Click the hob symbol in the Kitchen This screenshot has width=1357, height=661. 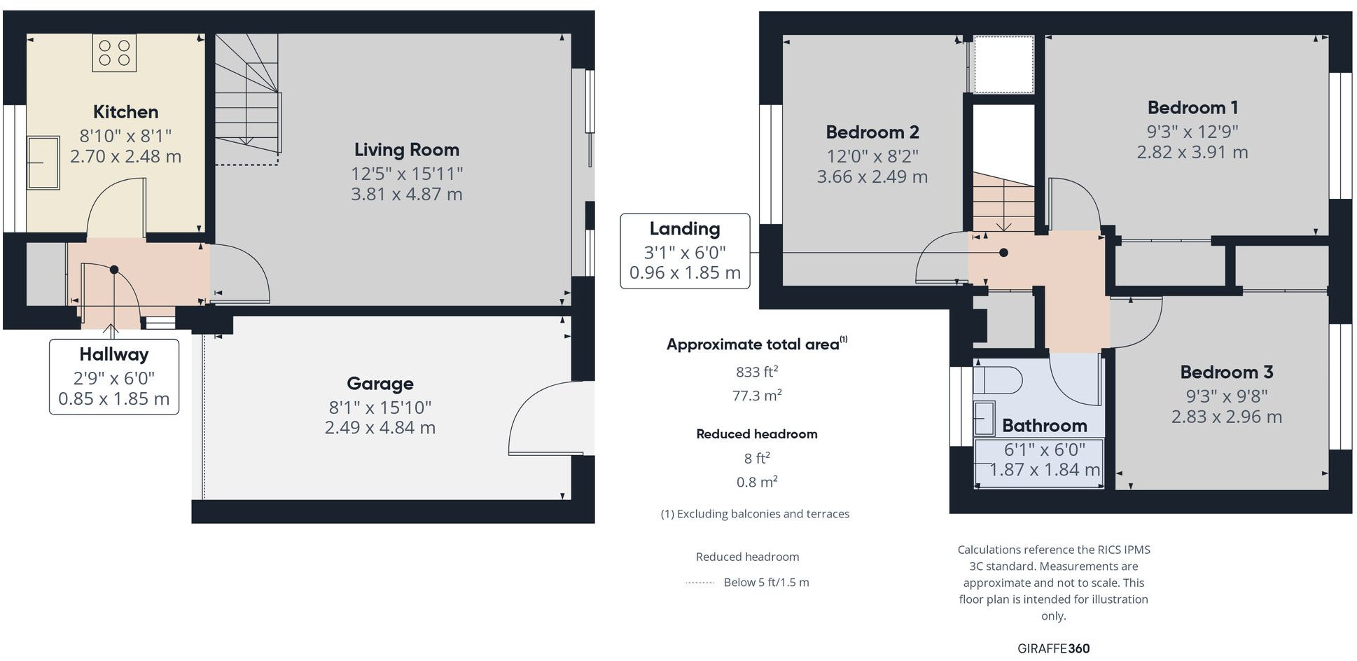(114, 53)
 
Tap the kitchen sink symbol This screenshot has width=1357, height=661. (43, 162)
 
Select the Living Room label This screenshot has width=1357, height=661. (406, 150)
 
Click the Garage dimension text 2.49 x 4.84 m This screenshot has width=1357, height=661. (380, 428)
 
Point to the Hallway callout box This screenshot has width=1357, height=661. (114, 377)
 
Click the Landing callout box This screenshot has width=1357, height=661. (685, 251)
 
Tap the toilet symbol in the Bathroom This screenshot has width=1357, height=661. (997, 380)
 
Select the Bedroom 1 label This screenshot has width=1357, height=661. (1192, 108)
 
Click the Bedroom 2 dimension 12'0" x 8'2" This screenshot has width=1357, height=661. (872, 156)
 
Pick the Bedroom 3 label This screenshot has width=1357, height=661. (1226, 373)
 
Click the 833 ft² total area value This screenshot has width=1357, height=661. (756, 372)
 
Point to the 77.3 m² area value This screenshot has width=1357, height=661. (756, 396)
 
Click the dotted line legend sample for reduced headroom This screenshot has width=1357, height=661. (700, 583)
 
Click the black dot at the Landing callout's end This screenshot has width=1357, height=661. (1003, 253)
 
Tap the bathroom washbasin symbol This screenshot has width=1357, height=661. (984, 419)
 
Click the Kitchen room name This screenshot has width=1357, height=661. (125, 112)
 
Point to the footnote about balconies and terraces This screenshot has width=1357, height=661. (755, 514)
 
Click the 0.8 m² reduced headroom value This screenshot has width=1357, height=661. (756, 482)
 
